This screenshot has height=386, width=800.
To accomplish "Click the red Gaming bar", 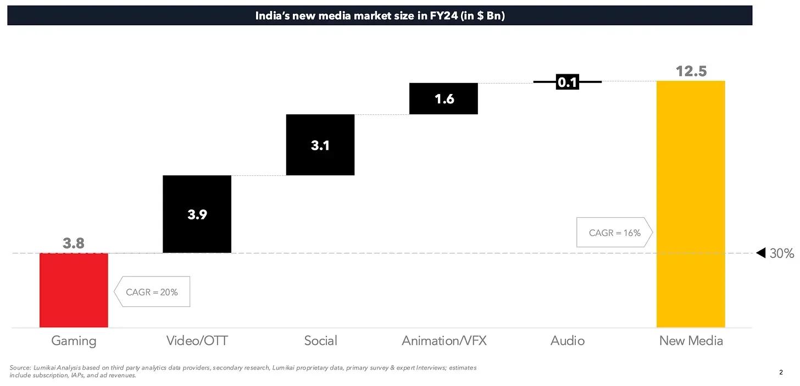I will (x=74, y=290).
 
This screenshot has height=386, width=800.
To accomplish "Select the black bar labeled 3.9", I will (x=197, y=214).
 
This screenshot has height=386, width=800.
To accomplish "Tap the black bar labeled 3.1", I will (x=320, y=145).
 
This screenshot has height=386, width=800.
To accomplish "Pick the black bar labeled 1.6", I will (x=443, y=98).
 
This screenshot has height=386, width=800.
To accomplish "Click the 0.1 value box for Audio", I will (x=567, y=82).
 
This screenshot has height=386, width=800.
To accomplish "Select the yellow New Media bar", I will (x=691, y=204).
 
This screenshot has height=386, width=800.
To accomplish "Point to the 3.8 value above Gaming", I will (x=74, y=243).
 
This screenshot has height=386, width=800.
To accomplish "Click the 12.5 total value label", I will (x=691, y=71).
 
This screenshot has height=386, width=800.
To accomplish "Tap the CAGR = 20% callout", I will (x=152, y=292).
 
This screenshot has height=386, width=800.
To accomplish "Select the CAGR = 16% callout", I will (x=614, y=233).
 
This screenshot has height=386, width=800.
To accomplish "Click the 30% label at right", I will (x=782, y=253).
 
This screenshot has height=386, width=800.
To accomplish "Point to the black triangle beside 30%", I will (x=761, y=253).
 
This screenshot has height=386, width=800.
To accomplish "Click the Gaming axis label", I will (x=74, y=341).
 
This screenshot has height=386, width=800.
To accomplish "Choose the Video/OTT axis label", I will (x=197, y=341).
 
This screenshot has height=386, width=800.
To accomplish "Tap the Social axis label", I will (x=320, y=341).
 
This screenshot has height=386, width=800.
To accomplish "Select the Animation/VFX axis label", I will (x=444, y=341).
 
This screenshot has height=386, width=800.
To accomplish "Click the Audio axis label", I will (x=568, y=341).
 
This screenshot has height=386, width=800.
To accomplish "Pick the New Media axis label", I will (x=691, y=341).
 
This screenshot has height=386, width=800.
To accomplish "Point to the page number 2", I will (x=781, y=372).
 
